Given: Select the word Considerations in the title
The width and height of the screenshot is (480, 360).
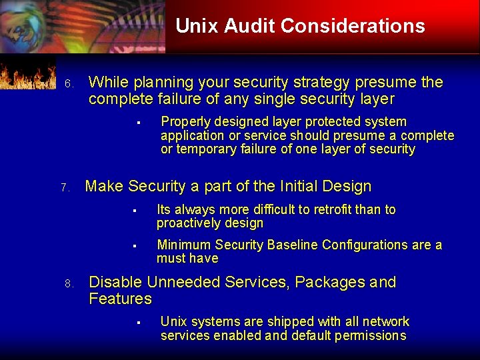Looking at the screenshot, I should tap(353, 26).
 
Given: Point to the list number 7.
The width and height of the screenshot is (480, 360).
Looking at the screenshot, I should tap(65, 189).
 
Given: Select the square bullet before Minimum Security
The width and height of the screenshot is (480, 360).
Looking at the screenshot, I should tap(134, 246).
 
